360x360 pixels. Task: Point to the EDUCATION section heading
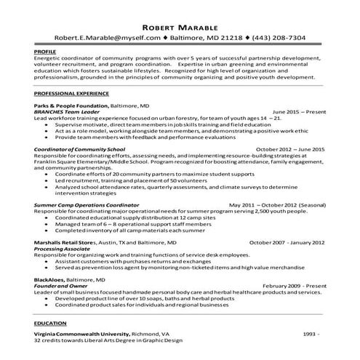(51, 322)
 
